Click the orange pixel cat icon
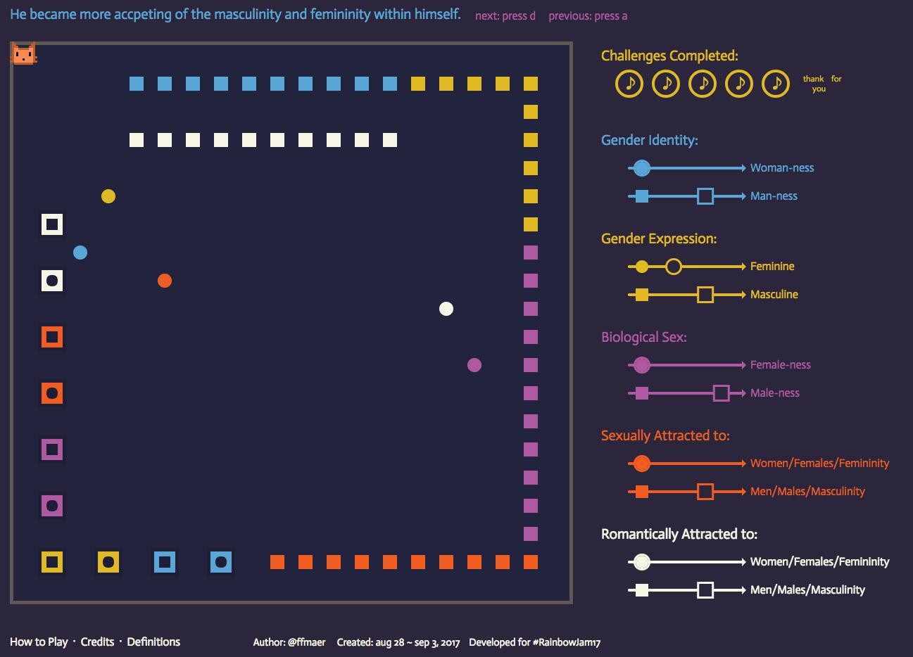(24, 53)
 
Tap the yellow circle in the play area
(108, 196)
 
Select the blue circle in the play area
(80, 253)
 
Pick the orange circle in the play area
(165, 281)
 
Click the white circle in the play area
(446, 309)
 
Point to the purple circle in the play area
(474, 365)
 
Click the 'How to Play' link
(39, 642)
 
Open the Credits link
(97, 642)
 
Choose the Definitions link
(153, 642)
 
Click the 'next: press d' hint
(505, 16)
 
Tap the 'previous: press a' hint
(588, 16)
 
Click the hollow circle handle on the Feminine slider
(674, 267)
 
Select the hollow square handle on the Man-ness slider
(705, 196)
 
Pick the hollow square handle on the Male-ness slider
(721, 393)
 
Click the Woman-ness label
(782, 168)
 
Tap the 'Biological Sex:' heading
(644, 337)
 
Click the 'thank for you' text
(821, 84)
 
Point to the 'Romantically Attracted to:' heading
(679, 534)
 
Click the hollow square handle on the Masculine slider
(705, 295)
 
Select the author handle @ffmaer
(306, 642)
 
